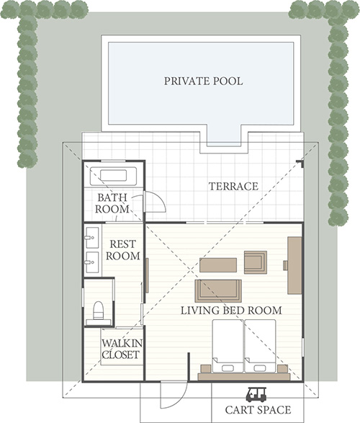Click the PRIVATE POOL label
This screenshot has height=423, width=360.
(204, 81)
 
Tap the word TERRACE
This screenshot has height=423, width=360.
(233, 187)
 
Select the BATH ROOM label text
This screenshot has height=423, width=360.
(112, 203)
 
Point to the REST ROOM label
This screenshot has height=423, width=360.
(123, 250)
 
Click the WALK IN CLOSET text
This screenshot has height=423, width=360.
(122, 349)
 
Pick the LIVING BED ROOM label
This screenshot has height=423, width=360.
(231, 311)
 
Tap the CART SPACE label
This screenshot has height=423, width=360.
(258, 410)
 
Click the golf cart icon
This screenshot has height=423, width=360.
(256, 395)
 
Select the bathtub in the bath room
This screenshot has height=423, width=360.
(113, 176)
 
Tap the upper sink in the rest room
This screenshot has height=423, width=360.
(91, 238)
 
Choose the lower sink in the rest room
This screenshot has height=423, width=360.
(91, 262)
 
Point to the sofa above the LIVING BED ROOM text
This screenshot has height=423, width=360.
(218, 290)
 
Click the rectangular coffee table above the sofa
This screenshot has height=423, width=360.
(218, 265)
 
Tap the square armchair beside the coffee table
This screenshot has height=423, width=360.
(256, 262)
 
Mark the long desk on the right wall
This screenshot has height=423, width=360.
(294, 265)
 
